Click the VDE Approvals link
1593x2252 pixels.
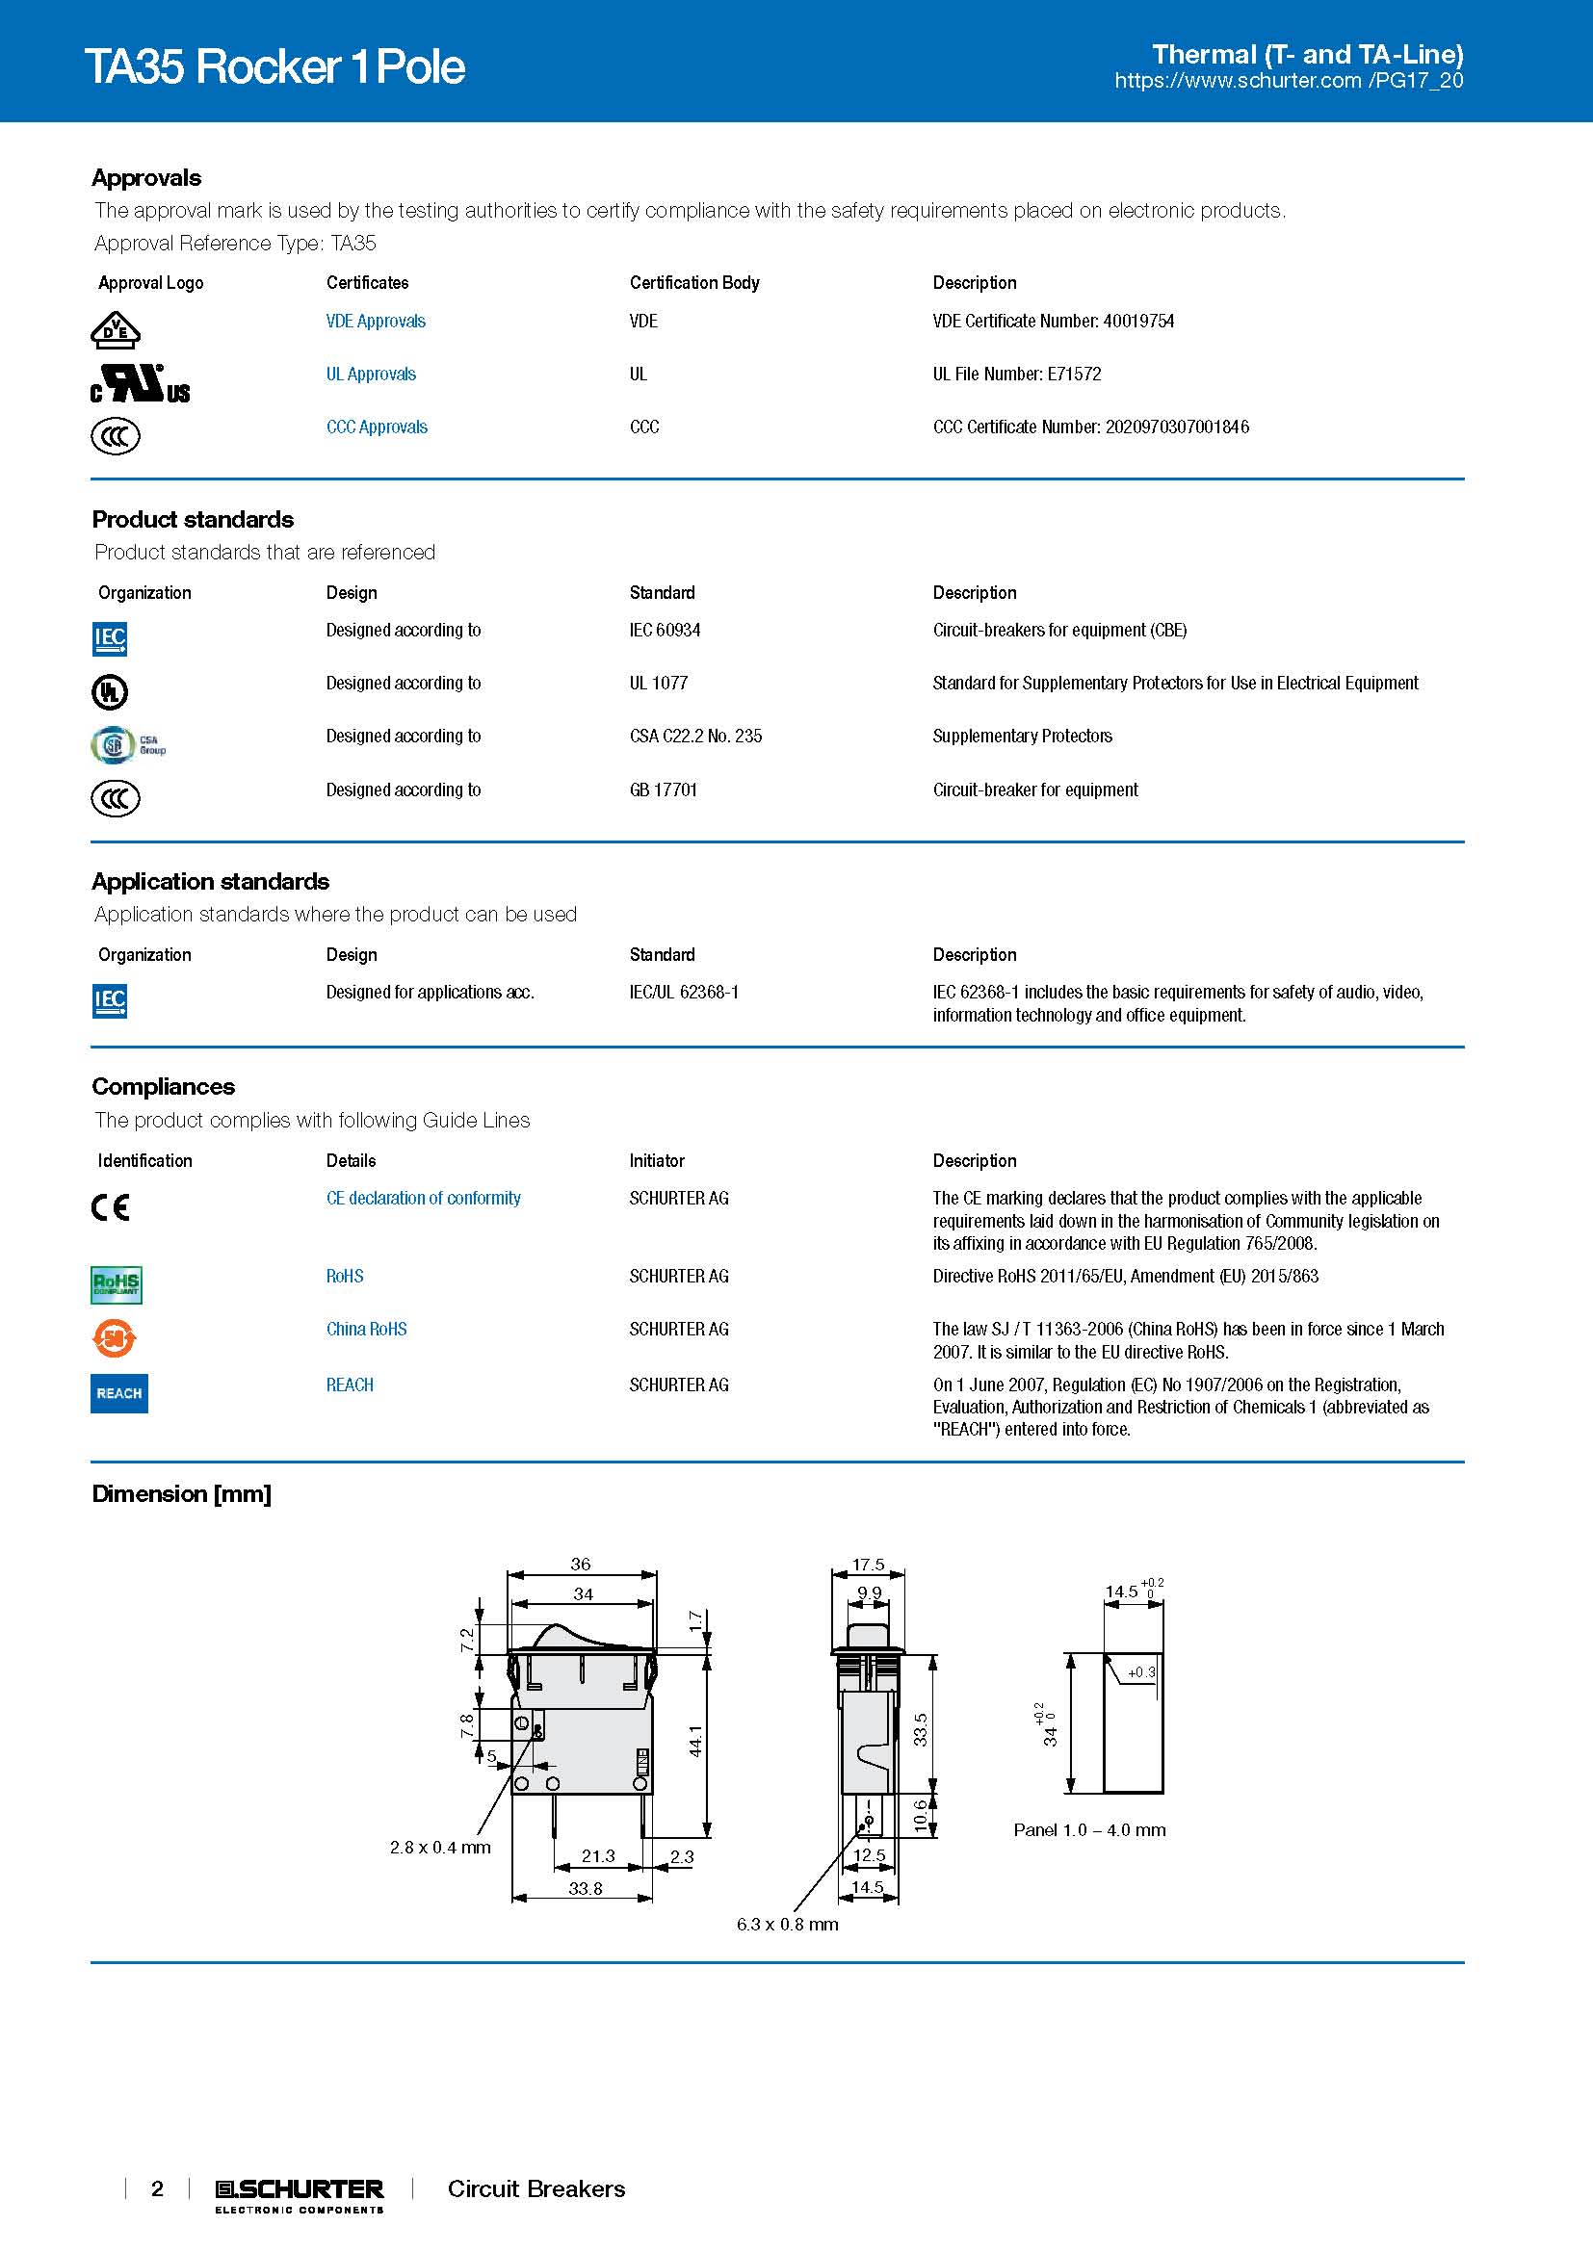376,321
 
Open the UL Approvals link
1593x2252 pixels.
371,374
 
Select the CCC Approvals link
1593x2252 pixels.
377,427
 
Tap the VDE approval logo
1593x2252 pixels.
116,330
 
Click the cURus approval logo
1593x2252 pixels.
140,383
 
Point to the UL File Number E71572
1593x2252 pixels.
1016,374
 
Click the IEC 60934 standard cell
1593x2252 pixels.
666,630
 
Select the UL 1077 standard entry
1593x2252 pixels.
658,683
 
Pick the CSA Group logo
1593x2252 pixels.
127,745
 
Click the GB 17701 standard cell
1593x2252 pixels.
663,789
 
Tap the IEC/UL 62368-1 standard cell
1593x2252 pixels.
684,992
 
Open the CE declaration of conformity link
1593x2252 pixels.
423,1198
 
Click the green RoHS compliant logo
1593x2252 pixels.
116,1284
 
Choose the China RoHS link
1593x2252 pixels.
366,1329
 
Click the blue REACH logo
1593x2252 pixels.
118,1393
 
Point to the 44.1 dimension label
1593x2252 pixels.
695,1740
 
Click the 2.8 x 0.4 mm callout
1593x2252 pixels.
439,1847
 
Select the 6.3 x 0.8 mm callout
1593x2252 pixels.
787,1924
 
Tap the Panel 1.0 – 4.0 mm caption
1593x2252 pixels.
1089,1829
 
